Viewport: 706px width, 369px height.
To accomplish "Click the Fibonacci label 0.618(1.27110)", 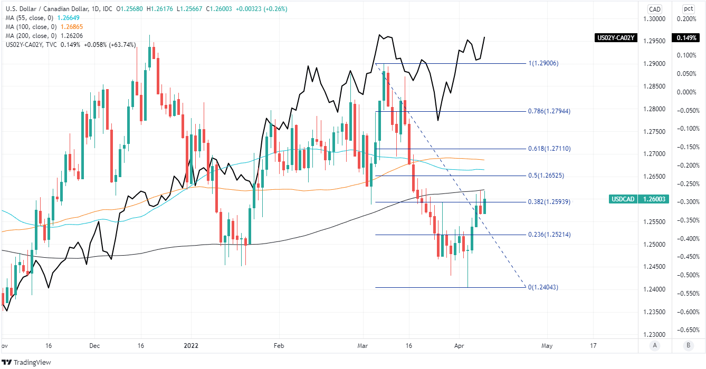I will pos(549,149).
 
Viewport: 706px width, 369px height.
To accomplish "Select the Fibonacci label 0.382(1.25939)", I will pos(549,202).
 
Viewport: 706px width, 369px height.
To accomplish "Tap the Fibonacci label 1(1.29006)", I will pos(543,63).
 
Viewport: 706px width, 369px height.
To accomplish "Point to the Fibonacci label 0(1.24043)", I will pos(543,287).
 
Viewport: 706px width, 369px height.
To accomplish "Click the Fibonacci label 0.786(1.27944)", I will pos(549,111).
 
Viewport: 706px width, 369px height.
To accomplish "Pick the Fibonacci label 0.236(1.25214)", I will pos(549,235).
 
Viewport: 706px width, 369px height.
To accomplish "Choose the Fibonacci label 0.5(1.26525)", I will pos(546,176).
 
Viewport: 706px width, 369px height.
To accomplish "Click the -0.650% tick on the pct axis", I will pos(688,330).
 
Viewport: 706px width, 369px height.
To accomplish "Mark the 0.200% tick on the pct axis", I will pos(688,19).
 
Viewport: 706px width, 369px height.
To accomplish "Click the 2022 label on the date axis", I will pos(190,346).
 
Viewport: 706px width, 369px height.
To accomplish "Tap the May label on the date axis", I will pos(547,346).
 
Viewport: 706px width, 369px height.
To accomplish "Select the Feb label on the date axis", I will pos(279,346).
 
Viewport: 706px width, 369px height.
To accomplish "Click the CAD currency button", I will pos(655,8).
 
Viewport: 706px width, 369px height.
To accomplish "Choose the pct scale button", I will pos(688,8).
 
